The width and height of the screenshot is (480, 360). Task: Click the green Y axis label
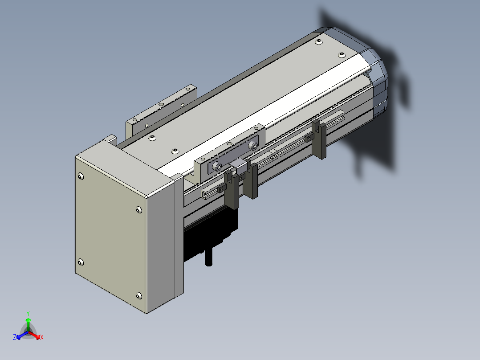[28, 313]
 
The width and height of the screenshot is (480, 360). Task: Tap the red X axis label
[42, 337]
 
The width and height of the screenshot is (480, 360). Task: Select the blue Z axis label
[15, 337]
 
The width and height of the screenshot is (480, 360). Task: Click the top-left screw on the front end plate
[81, 176]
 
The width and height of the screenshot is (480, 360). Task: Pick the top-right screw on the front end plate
[138, 210]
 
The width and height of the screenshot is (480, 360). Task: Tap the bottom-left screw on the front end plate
[81, 262]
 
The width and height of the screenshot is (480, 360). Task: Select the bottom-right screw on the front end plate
[138, 296]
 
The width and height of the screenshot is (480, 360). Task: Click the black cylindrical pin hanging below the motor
[209, 258]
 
